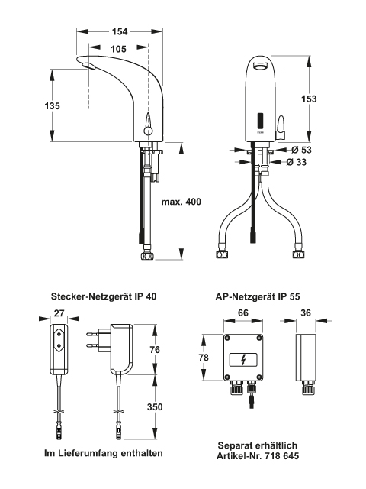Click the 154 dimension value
[x=120, y=31]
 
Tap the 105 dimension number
[x=118, y=49]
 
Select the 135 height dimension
[x=52, y=105]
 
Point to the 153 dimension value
[x=309, y=99]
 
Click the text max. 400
[x=181, y=202]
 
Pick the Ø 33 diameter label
[x=297, y=162]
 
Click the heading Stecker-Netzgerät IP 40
[x=104, y=296]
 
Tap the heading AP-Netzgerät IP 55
[x=258, y=296]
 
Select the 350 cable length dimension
[x=155, y=407]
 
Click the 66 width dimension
[x=243, y=313]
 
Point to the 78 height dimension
[x=204, y=358]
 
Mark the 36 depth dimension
[x=306, y=313]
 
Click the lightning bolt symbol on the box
[x=243, y=360]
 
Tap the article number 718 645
[x=282, y=456]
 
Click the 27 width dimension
[x=59, y=313]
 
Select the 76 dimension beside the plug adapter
[x=155, y=350]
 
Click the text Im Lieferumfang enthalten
[x=104, y=453]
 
